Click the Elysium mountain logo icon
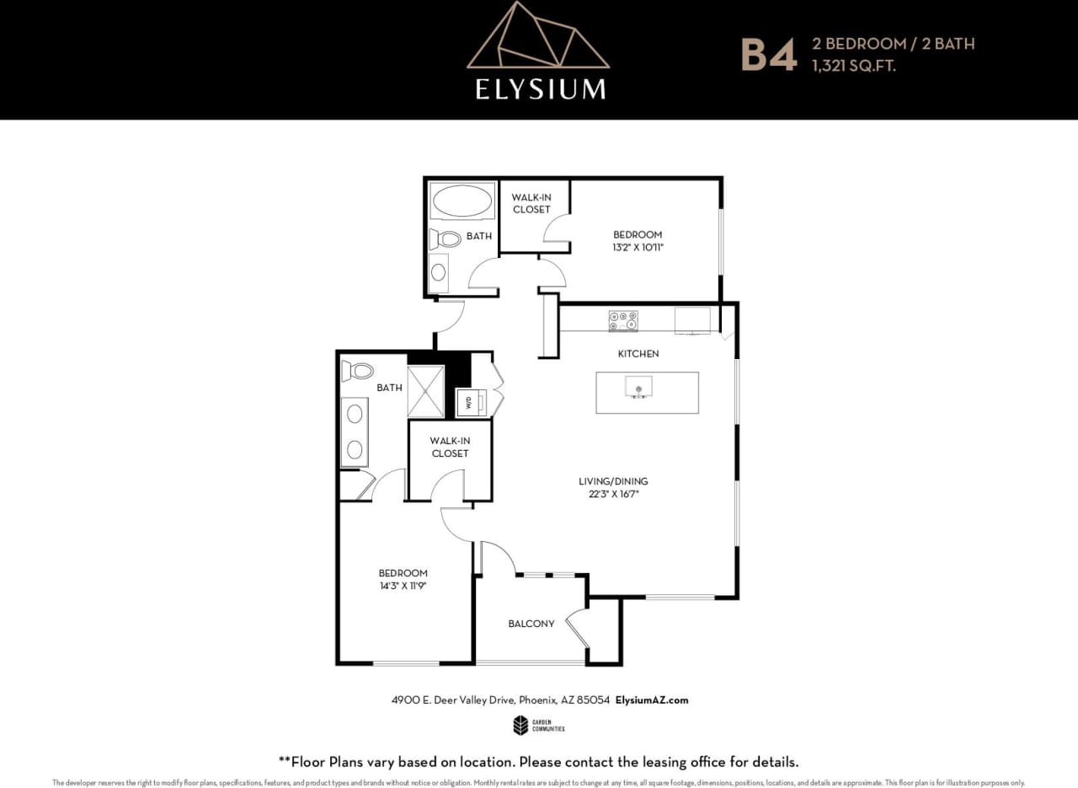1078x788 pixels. coord(537,38)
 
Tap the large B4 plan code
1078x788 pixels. coord(767,54)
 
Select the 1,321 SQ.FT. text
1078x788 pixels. coord(853,65)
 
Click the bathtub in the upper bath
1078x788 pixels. coord(462,202)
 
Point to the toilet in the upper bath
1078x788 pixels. coord(446,239)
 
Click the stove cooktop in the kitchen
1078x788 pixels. coord(623,321)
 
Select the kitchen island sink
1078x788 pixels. coord(638,387)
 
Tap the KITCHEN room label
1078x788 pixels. coord(638,354)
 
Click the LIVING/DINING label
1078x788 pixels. coord(613,481)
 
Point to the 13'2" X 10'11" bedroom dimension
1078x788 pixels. coord(638,248)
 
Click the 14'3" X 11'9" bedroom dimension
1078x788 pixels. coord(403,586)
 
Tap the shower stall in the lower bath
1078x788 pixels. coord(425,391)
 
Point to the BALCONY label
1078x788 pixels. coord(531,624)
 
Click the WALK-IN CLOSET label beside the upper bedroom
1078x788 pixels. coord(531,203)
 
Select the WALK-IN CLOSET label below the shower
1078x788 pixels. coord(450,447)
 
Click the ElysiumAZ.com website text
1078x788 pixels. coord(652,700)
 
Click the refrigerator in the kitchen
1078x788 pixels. coord(692,319)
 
